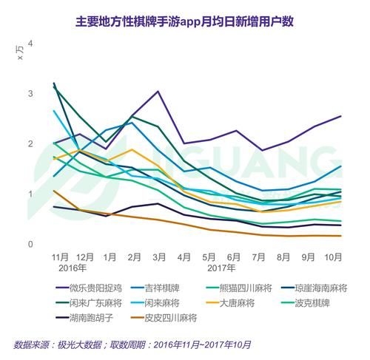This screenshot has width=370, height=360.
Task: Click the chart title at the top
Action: coord(186,21)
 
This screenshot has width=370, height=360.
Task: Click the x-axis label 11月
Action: coord(61,257)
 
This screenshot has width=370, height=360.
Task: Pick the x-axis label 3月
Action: coord(158,257)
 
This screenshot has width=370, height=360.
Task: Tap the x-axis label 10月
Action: coord(333,257)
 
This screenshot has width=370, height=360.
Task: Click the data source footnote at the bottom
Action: coord(133,344)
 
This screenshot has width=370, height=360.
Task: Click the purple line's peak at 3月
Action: coord(158,92)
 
